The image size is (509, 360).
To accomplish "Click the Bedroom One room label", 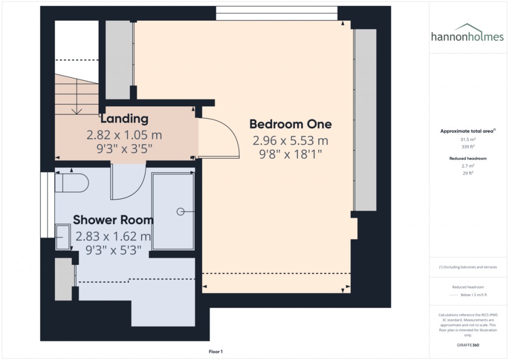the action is pos(290,124).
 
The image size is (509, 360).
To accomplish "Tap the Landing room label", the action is pos(124,118).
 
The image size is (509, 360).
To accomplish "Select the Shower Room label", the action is pos(113,220).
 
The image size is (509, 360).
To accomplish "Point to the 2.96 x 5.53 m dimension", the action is pos(290,141).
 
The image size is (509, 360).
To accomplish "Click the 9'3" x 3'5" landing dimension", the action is pos(124,149).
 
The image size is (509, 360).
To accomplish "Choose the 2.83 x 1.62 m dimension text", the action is pos(113,236).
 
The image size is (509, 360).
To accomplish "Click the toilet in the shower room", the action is pos(72,183).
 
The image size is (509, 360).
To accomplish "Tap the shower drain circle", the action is pos(180,212).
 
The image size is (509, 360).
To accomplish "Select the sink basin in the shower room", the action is pos(63,237).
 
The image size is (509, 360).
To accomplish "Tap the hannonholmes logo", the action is pos(467,33).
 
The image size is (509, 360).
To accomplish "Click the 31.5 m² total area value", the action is pos(468,140).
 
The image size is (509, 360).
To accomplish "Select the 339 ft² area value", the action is pos(468,147).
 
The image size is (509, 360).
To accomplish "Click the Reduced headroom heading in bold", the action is pos(468,159).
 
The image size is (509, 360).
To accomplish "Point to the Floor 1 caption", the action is pos(216,352).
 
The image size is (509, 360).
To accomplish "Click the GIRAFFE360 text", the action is pos(468,345).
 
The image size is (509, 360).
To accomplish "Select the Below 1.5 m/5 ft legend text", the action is pos(474,295).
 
